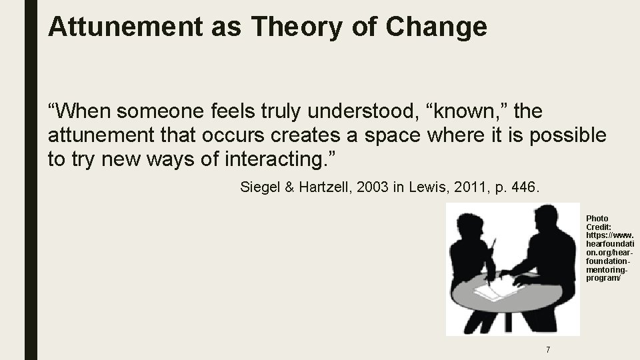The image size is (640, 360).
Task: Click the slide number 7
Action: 547,349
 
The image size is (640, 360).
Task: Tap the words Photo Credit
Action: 597,223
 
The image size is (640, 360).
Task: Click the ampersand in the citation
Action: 289,188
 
